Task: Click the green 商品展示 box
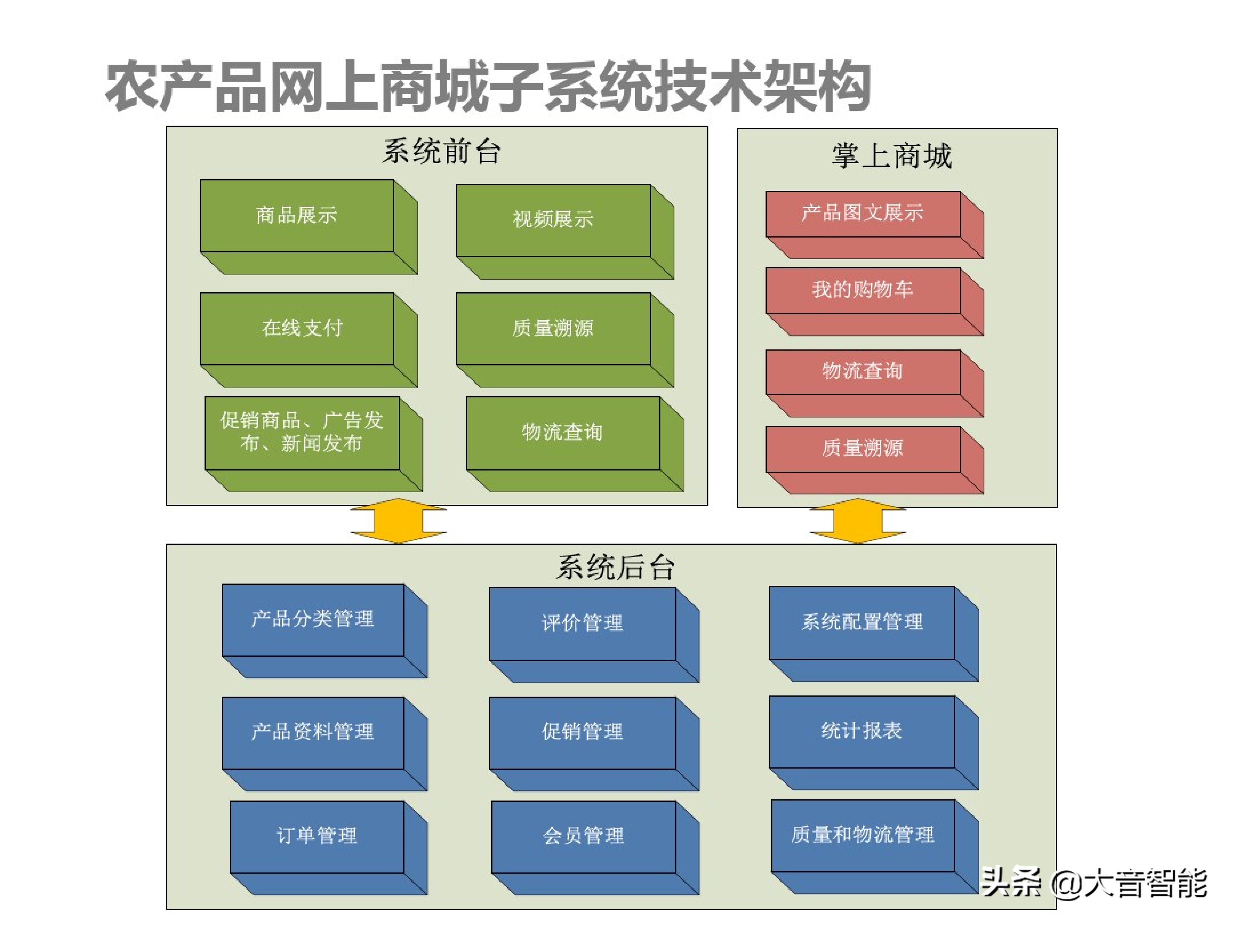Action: coord(308,227)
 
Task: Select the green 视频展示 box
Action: coord(564,231)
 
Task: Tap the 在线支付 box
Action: coord(308,340)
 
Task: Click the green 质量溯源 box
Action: coord(564,340)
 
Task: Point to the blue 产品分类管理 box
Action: coord(325,631)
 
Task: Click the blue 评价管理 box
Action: coord(594,635)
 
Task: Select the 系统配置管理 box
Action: coord(874,634)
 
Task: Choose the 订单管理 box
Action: coord(328,848)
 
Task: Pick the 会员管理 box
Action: coord(595,848)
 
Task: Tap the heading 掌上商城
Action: coord(892,156)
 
